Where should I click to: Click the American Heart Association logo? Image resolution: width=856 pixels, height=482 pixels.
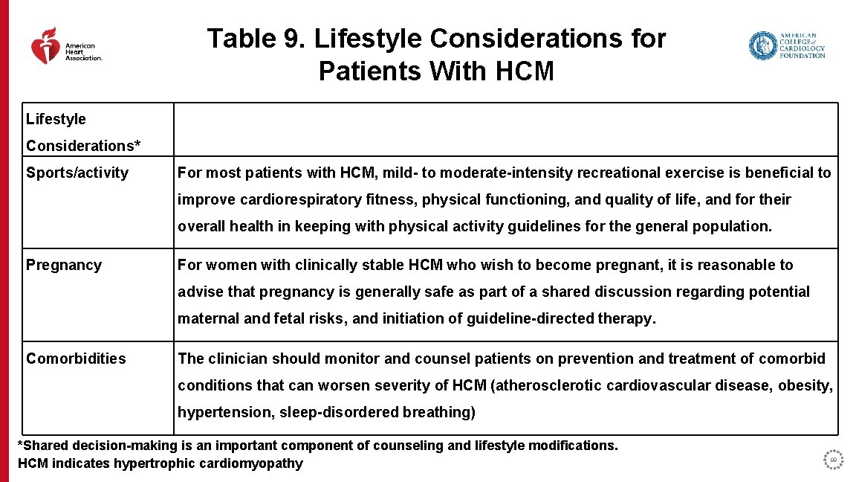pyautogui.click(x=65, y=46)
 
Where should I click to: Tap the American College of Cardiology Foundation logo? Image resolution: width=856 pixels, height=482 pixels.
pyautogui.click(x=786, y=45)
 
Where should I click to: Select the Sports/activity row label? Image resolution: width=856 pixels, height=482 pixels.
pyautogui.click(x=77, y=173)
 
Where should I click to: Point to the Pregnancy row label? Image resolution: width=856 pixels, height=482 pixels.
pyautogui.click(x=64, y=266)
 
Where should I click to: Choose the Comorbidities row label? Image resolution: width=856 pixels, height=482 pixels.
pyautogui.click(x=77, y=359)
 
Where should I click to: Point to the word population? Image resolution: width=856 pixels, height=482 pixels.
pyautogui.click(x=732, y=227)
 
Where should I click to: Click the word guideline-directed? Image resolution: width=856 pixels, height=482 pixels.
pyautogui.click(x=531, y=319)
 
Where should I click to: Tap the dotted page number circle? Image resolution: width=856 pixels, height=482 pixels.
pyautogui.click(x=834, y=460)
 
